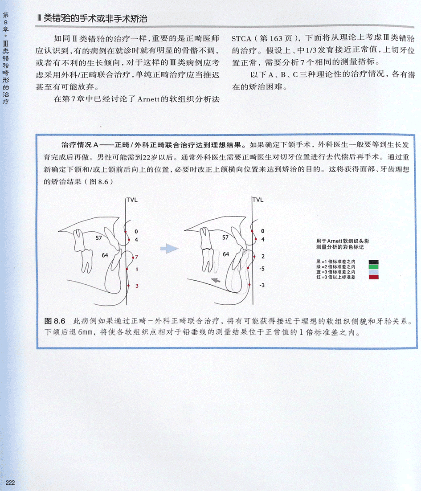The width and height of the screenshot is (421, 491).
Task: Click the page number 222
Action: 10,482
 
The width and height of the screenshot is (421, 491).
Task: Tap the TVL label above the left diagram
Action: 132,200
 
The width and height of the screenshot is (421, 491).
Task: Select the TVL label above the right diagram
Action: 258,200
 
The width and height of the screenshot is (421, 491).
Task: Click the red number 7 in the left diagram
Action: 136,257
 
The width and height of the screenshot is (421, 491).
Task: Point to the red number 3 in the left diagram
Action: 137,286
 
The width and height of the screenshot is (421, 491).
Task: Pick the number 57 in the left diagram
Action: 98,238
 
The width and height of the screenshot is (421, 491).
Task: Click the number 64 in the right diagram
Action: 226,254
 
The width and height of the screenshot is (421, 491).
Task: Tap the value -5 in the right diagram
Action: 262,269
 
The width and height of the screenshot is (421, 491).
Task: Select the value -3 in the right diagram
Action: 262,285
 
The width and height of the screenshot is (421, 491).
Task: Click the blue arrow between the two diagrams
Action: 169,249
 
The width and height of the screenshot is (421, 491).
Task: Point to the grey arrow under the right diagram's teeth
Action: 216,280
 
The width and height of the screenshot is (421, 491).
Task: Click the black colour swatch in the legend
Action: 373,262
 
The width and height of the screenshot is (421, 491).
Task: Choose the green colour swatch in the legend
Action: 373,267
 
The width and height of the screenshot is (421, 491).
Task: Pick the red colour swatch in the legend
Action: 373,277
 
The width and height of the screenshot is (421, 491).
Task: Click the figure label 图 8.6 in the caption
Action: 55,321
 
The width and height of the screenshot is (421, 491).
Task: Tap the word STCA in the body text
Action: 241,39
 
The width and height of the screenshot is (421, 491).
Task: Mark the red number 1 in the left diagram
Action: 137,269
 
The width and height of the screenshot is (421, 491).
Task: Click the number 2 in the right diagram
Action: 263,256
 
